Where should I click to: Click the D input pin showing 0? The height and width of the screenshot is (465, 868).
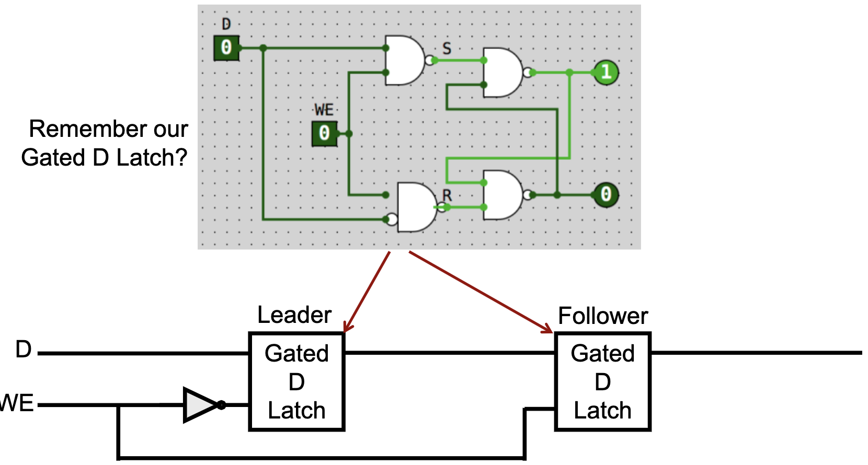[226, 48]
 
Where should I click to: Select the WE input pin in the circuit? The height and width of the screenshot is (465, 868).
[324, 133]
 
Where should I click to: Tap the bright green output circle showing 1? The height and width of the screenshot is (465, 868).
[606, 72]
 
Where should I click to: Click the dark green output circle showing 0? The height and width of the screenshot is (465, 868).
[606, 195]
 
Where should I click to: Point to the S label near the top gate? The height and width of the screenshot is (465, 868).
[447, 49]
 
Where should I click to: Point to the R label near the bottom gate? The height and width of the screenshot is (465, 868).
[447, 195]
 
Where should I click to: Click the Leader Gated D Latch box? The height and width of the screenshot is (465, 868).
[296, 381]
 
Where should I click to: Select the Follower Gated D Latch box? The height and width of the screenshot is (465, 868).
[602, 381]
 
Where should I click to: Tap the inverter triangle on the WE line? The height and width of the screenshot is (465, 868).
[200, 404]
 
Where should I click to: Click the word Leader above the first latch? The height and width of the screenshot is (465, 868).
[294, 315]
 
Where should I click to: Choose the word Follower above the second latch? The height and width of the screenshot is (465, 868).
[603, 316]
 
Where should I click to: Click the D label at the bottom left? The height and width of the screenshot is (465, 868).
[24, 350]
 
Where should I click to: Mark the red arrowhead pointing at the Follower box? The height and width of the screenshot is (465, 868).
[548, 329]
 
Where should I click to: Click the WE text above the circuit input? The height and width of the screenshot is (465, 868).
[324, 110]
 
